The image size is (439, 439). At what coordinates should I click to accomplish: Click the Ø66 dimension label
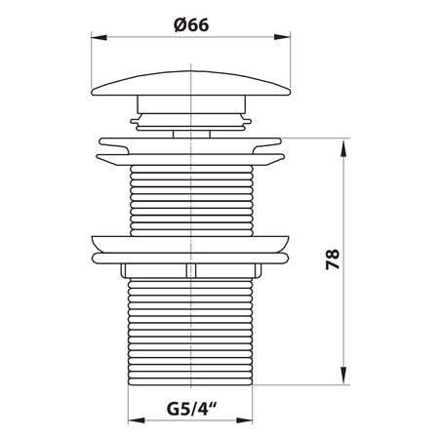(191, 25)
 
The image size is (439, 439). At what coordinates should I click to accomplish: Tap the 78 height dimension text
(333, 259)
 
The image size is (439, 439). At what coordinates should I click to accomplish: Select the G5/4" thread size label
(192, 409)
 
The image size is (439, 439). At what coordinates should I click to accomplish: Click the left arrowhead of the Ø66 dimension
(99, 37)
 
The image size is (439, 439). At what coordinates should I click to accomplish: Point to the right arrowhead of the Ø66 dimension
(282, 37)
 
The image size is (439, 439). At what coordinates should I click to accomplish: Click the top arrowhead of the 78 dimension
(343, 147)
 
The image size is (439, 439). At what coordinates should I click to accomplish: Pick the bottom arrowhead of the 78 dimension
(343, 376)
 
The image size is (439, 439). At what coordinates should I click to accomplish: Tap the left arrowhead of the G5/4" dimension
(137, 420)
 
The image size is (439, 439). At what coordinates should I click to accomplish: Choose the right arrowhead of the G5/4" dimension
(244, 420)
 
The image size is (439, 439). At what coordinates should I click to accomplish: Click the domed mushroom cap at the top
(191, 83)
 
